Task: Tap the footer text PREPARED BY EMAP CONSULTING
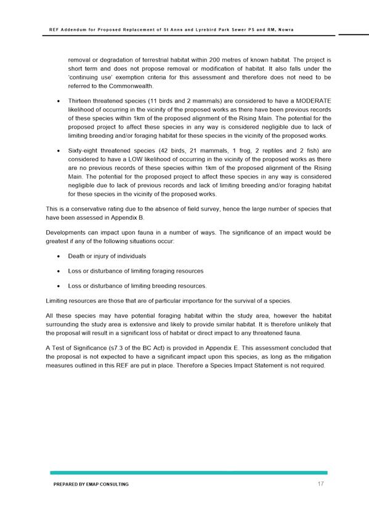[91, 485]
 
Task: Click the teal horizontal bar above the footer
[189, 473]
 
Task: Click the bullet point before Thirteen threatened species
[57, 100]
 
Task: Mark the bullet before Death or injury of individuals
[57, 255]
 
